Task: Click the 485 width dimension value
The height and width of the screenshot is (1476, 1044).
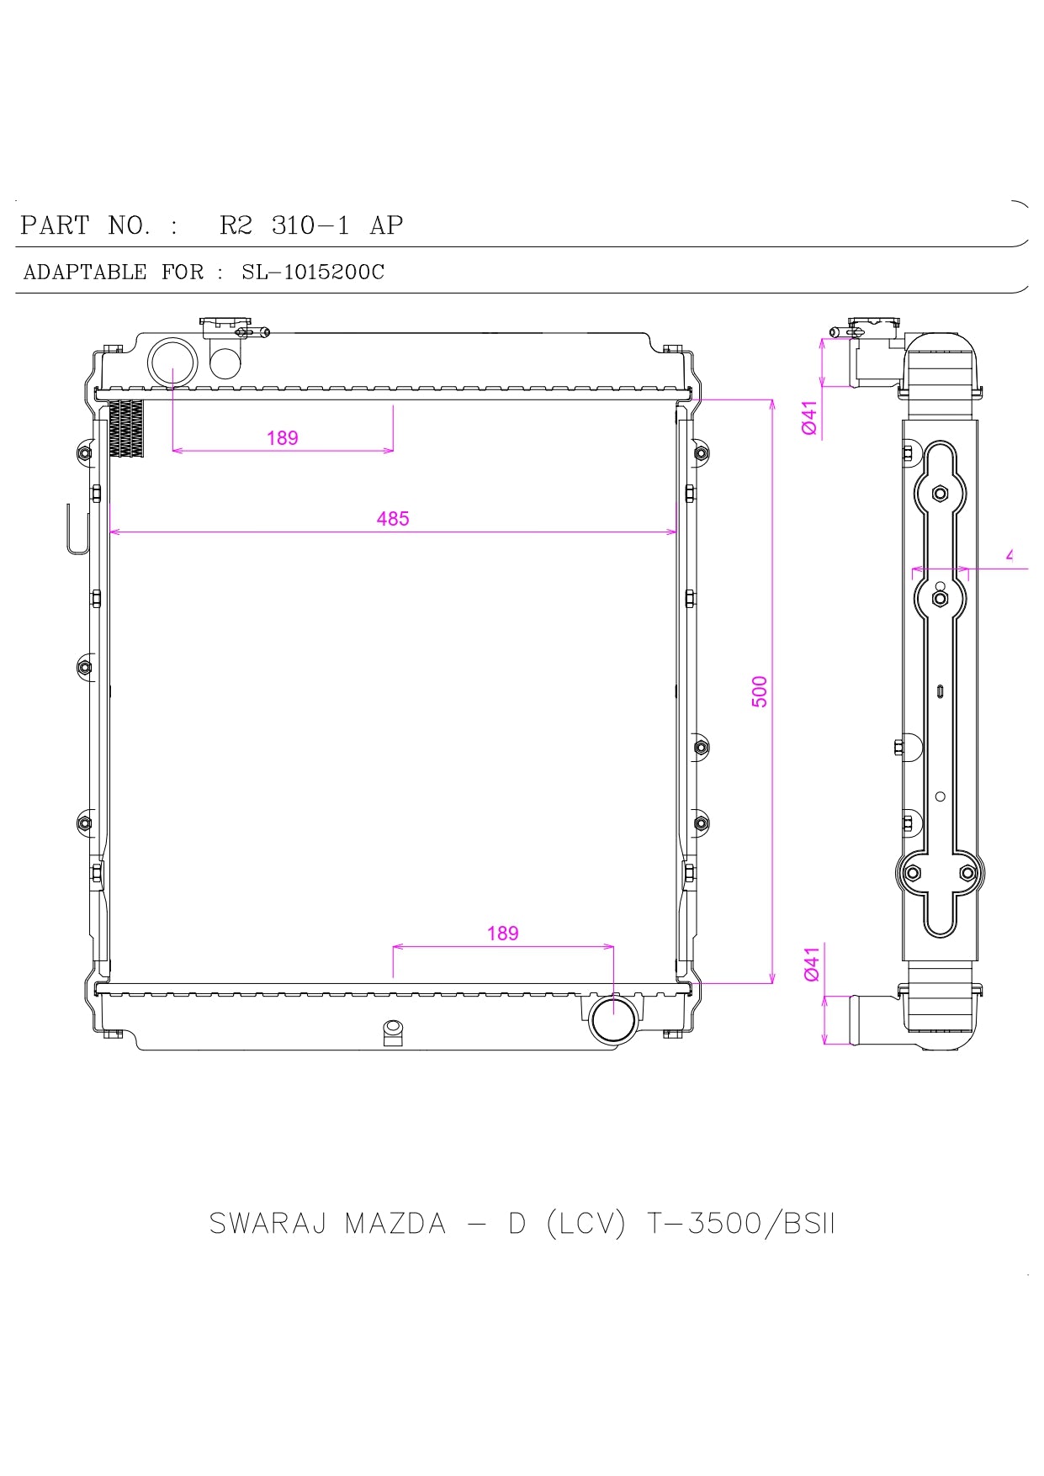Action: tap(393, 519)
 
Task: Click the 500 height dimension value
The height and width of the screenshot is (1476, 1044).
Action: tap(760, 691)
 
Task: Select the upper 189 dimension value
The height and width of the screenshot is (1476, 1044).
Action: tap(283, 438)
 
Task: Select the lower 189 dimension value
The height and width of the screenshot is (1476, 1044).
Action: tap(502, 934)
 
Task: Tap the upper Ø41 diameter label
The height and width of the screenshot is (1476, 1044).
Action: tap(809, 418)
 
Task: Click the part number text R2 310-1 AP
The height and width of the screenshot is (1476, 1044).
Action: tap(311, 225)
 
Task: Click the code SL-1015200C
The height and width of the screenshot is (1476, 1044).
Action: tap(313, 272)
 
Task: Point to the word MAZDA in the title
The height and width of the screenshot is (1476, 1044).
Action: tap(395, 1224)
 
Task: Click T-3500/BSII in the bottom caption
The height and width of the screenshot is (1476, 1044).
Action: tap(740, 1224)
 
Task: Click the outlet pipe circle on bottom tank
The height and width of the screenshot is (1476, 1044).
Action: tap(614, 1018)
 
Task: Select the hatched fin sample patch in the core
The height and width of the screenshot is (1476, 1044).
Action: tap(126, 428)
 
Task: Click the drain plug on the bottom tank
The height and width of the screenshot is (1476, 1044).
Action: tap(392, 1031)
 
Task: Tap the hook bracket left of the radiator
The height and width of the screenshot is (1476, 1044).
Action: tap(77, 530)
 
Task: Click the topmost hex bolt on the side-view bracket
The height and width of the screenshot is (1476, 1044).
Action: tap(940, 494)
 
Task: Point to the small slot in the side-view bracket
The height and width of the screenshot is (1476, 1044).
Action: tap(940, 691)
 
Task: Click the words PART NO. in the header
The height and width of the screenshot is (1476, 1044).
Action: tap(86, 225)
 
